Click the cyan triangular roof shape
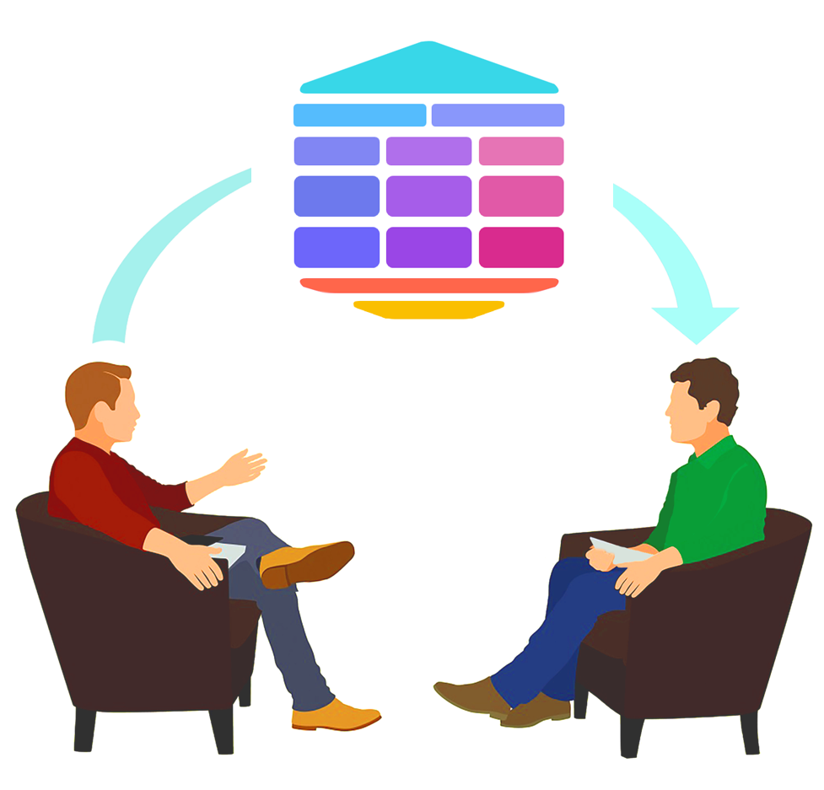(x=428, y=72)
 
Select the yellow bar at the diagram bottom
(x=428, y=309)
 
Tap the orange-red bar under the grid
(x=428, y=285)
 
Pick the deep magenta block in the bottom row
(x=521, y=247)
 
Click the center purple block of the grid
(x=428, y=196)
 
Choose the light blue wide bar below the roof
(x=359, y=115)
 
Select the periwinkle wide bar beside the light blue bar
(x=498, y=115)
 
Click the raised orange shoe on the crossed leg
(x=305, y=562)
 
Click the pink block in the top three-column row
(x=521, y=151)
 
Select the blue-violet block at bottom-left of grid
(x=337, y=247)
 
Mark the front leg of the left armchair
(x=223, y=729)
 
